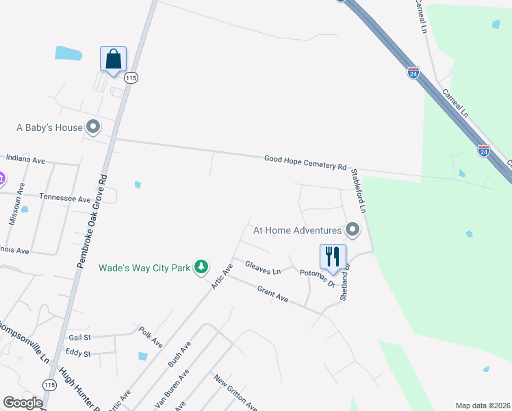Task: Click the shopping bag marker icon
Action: tap(113, 59)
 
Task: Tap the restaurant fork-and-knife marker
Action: tap(333, 257)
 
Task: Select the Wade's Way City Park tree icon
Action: tap(201, 266)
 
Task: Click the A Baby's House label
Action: tap(49, 127)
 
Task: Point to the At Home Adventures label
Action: tap(297, 230)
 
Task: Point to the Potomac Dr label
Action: tap(317, 277)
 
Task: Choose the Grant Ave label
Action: tap(272, 295)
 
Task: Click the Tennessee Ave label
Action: tap(65, 198)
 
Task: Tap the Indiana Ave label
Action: tap(25, 159)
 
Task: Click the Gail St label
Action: tap(80, 337)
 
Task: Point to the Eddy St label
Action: tap(77, 353)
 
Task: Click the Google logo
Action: tap(23, 403)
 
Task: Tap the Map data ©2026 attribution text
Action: tap(483, 406)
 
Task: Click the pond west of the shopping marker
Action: tap(68, 52)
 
